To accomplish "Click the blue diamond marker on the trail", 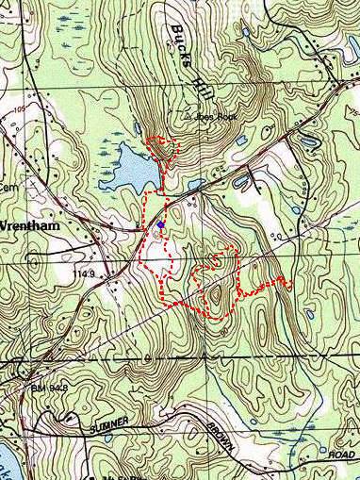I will pos(162,224).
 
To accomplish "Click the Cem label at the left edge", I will pos(9,187).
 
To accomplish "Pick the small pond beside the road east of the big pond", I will pos(195,184).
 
